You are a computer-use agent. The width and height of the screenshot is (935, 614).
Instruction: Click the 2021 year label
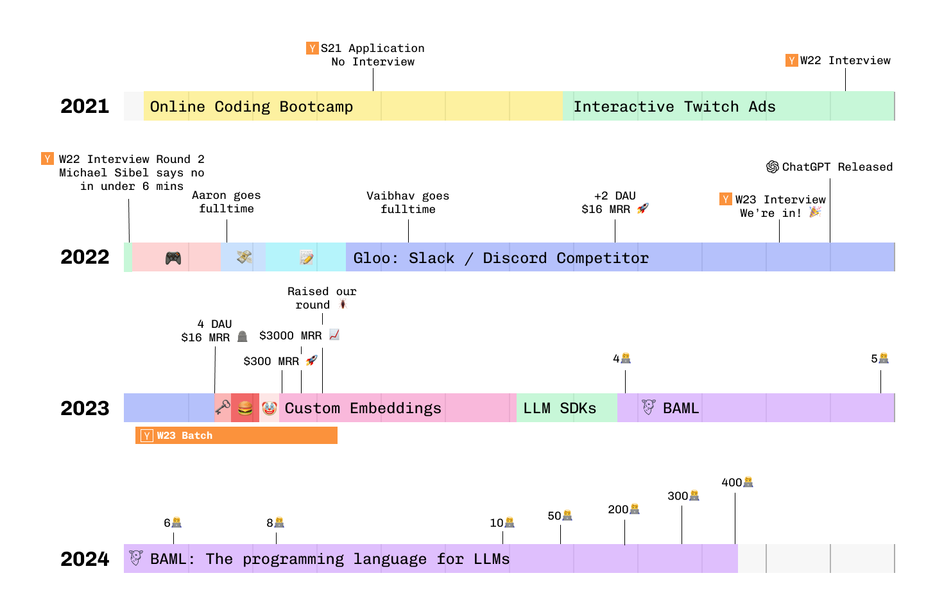click(85, 107)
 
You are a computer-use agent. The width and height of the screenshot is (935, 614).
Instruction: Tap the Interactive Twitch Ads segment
click(674, 107)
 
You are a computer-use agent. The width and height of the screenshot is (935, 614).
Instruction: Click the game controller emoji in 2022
click(173, 258)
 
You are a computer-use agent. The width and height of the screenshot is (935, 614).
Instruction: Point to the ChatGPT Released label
click(837, 167)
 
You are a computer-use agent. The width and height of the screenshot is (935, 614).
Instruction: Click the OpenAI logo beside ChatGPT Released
click(773, 167)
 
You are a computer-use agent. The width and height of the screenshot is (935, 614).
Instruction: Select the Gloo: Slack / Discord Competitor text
click(501, 258)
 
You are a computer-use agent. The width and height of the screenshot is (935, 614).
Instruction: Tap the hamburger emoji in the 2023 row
click(245, 408)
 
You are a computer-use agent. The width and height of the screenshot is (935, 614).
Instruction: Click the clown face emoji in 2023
click(270, 408)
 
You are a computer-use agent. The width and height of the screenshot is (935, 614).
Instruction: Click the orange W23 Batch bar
click(236, 436)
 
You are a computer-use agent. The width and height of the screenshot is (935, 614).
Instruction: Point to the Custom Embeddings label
click(363, 408)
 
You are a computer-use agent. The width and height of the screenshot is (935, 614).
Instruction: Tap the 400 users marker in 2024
click(737, 482)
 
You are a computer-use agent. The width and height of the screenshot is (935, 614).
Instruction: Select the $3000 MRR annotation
click(291, 336)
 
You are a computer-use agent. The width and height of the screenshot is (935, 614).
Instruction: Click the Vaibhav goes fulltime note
click(407, 202)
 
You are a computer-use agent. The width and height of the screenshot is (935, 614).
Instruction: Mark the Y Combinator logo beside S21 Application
click(313, 48)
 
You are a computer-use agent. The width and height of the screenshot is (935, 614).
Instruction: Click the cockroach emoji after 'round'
click(343, 304)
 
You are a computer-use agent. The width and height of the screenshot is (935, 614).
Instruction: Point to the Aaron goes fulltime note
click(226, 201)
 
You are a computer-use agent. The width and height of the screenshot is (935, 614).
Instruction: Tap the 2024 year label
click(85, 559)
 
